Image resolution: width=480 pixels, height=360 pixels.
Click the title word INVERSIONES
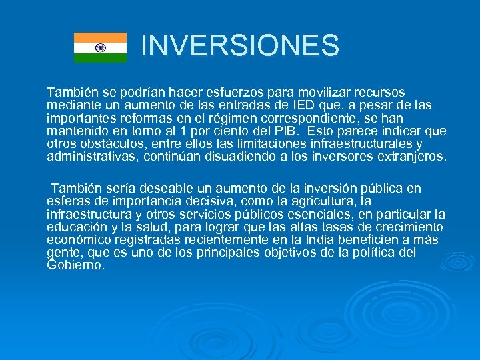click(x=240, y=45)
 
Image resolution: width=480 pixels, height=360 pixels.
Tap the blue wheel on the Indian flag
click(x=100, y=48)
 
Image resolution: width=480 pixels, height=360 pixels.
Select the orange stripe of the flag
click(x=100, y=37)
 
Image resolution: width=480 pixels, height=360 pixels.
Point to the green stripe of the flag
click(x=100, y=58)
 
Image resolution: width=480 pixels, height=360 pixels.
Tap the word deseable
click(x=156, y=189)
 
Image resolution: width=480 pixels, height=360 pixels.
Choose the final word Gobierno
click(x=75, y=265)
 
